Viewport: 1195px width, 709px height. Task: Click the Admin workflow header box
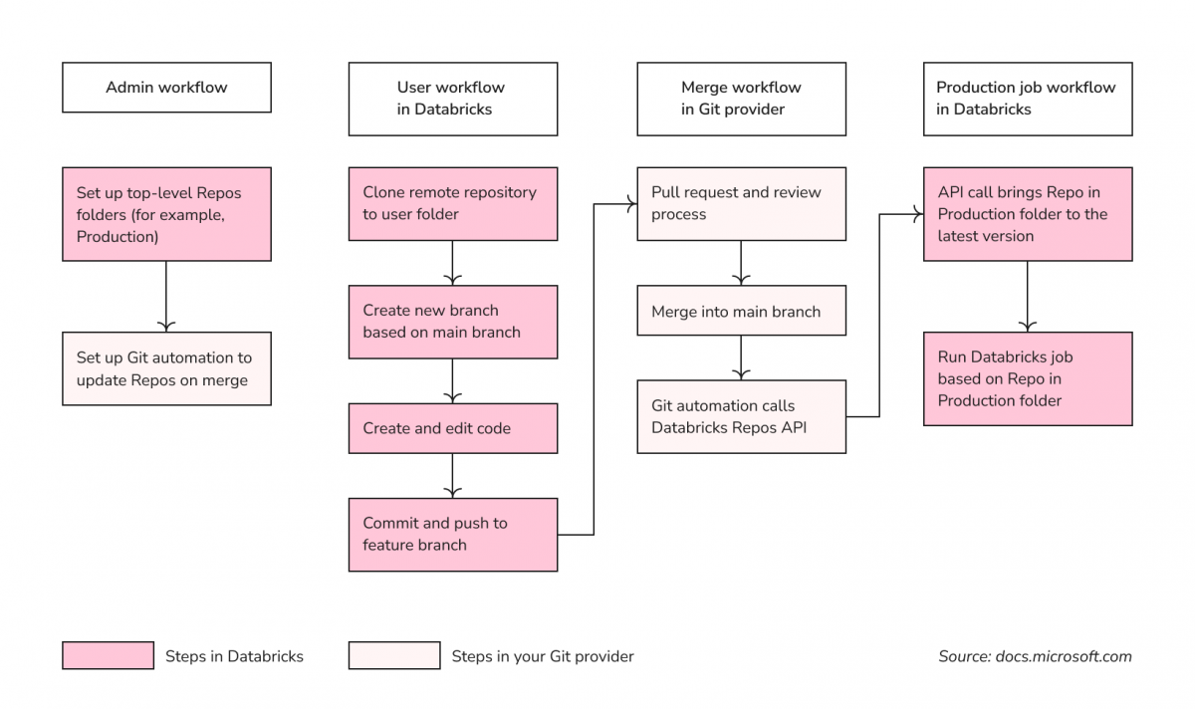[x=166, y=88]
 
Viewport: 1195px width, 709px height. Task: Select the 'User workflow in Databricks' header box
[x=452, y=99]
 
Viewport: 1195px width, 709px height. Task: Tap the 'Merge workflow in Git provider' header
[x=741, y=99]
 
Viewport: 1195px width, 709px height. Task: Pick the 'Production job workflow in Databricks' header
[x=1027, y=99]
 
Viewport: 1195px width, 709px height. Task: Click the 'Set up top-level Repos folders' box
[x=166, y=214]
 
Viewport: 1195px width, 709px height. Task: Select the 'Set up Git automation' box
[x=166, y=368]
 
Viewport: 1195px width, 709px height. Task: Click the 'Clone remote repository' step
[x=452, y=203]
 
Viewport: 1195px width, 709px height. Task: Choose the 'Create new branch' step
[x=452, y=322]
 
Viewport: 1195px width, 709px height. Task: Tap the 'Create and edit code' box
[x=452, y=428]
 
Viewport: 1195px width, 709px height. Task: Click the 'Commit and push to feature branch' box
[x=452, y=535]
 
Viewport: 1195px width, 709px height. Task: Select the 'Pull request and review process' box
[x=741, y=203]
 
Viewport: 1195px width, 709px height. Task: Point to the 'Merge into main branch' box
[x=741, y=312]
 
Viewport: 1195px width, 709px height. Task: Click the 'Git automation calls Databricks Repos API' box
[x=741, y=416]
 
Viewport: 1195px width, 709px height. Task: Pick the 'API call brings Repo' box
[x=1027, y=214]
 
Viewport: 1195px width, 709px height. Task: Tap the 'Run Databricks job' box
[x=1027, y=378]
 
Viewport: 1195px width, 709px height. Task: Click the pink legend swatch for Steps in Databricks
[x=108, y=655]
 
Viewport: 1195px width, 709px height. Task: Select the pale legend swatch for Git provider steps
[x=393, y=655]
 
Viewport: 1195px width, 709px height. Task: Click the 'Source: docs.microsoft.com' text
[x=1035, y=656]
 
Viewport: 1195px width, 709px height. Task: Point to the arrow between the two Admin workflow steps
[x=166, y=297]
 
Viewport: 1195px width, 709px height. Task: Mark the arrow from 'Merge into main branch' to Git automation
[x=741, y=357]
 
